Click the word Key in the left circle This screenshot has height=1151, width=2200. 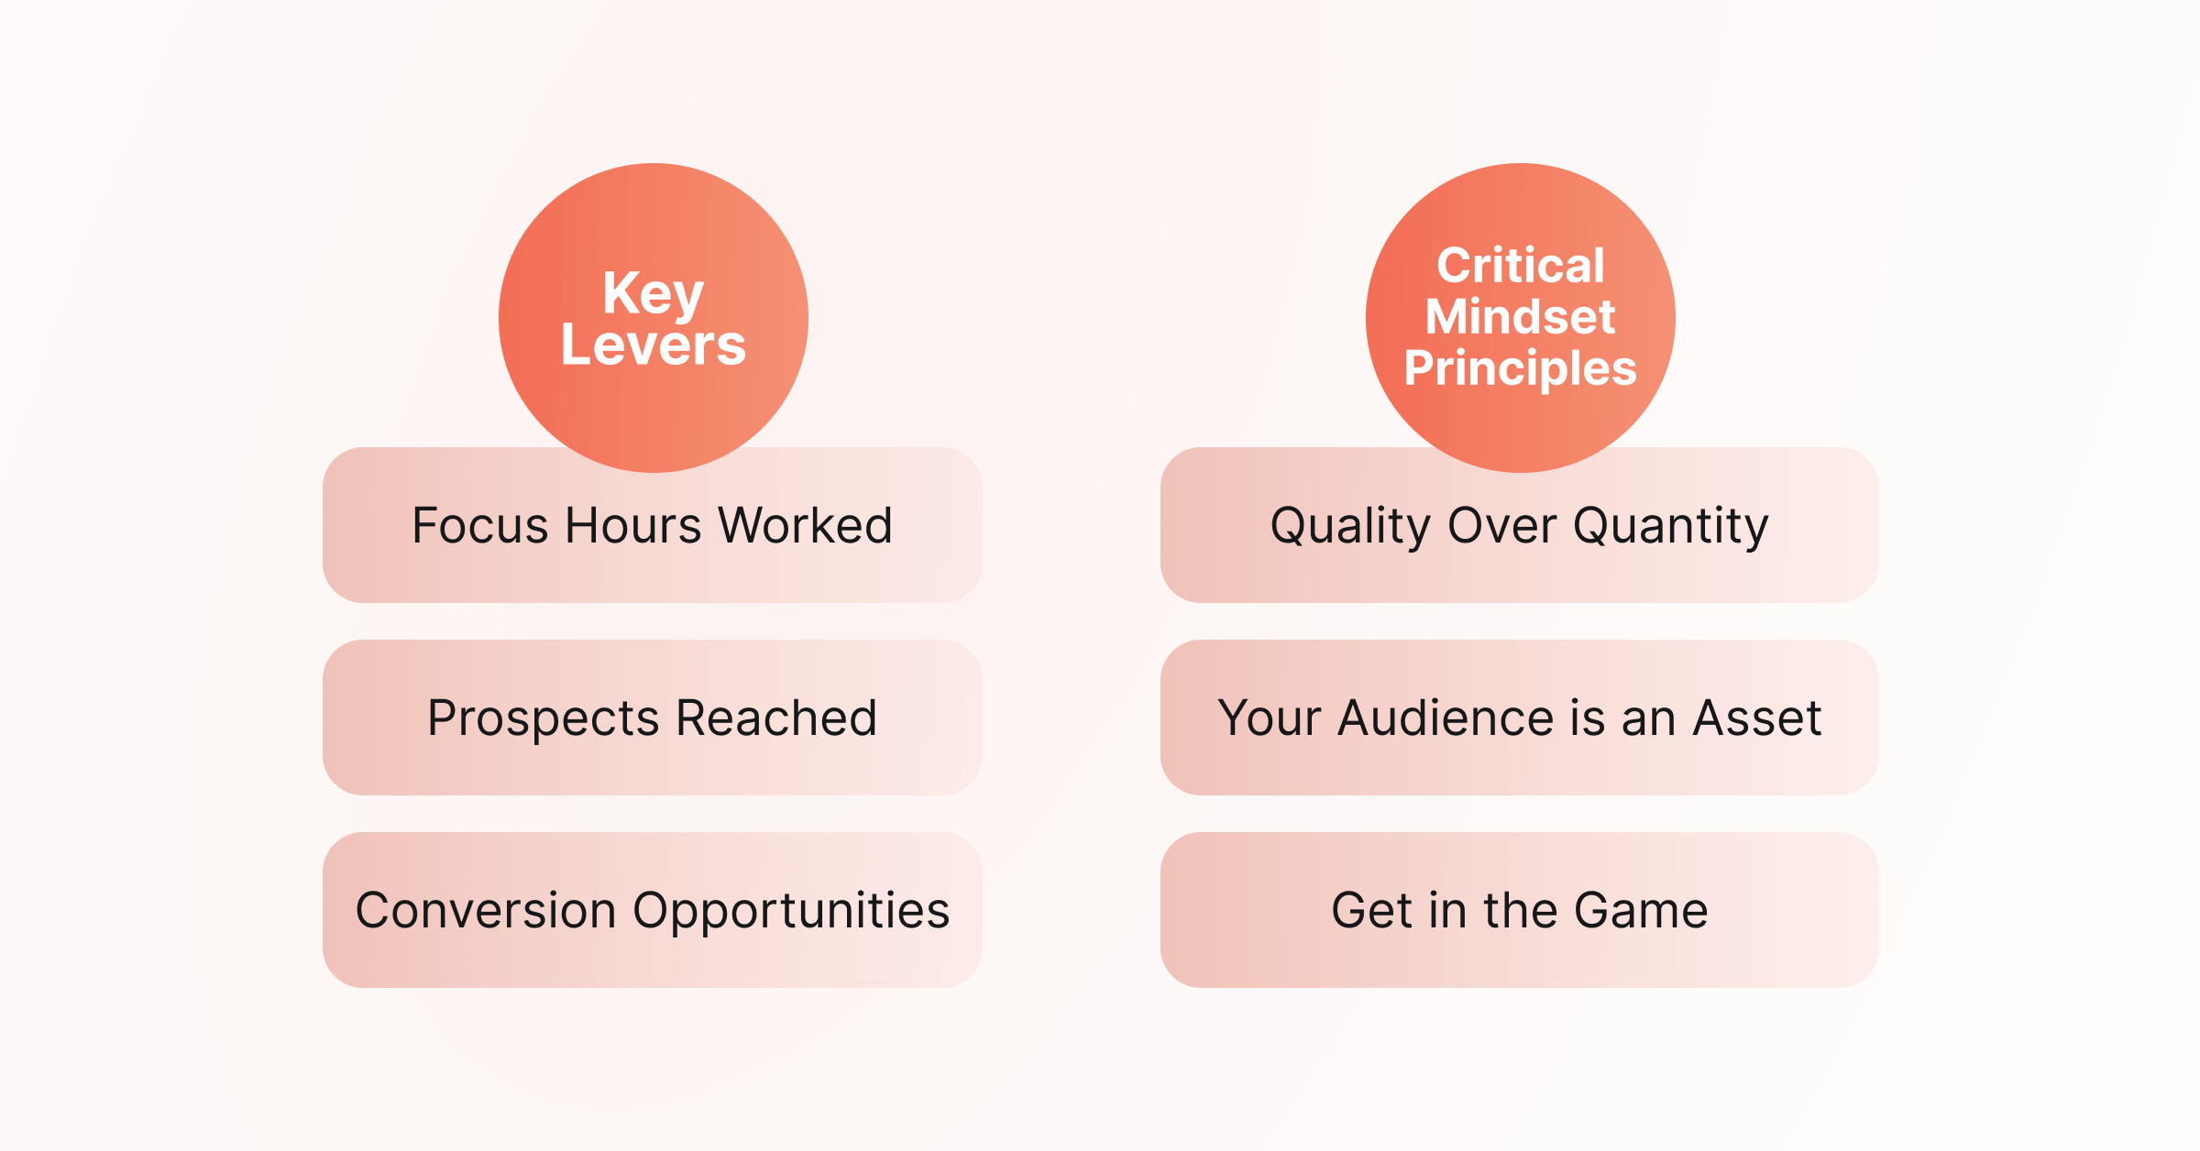[653, 295]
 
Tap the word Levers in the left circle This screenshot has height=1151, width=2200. [653, 345]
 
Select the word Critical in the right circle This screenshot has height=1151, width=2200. [1521, 266]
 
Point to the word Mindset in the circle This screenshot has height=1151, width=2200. [1520, 317]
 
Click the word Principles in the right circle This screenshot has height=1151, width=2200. [1520, 369]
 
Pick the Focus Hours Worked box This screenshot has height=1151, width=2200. [653, 525]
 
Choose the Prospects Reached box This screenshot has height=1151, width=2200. [653, 718]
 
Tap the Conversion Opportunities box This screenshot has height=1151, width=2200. [653, 910]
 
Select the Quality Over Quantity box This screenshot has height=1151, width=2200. [1520, 525]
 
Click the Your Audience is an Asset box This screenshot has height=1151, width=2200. [1520, 718]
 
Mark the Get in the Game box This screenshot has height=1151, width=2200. [1520, 910]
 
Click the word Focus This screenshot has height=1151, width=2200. [480, 526]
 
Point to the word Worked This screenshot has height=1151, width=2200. [806, 526]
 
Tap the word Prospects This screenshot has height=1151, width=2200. [543, 719]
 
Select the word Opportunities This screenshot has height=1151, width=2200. [791, 912]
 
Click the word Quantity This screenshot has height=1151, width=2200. [1671, 527]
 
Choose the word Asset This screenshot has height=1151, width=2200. [1757, 718]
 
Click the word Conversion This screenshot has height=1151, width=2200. [486, 911]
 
